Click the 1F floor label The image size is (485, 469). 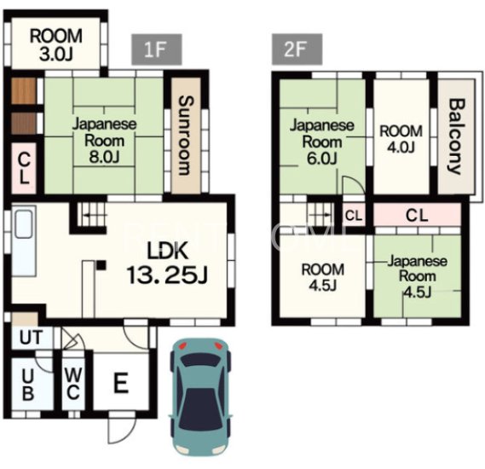(x=157, y=49)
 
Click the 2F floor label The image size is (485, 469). (x=297, y=49)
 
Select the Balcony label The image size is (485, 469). (x=457, y=136)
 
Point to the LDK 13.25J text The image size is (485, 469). (x=167, y=263)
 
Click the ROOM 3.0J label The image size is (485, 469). (x=56, y=44)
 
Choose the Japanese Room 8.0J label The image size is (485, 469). (x=104, y=141)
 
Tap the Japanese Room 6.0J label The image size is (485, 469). (x=321, y=142)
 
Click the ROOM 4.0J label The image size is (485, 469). (x=401, y=139)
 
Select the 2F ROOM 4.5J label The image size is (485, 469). (x=322, y=277)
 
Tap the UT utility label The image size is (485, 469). (x=31, y=338)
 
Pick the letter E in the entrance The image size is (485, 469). (x=121, y=383)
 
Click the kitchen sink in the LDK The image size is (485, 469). (x=24, y=224)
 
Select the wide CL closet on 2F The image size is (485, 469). (x=418, y=215)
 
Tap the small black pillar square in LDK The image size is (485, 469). (x=101, y=265)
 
